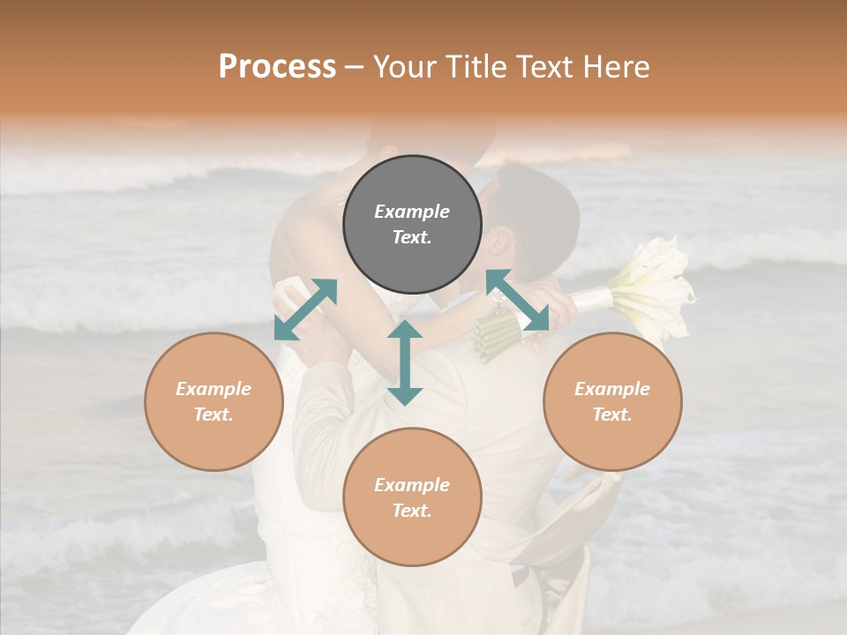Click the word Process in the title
point(277,67)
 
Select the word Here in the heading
point(616,67)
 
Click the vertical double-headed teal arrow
point(405,362)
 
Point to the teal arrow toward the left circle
point(305,310)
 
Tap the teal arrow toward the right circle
point(518,300)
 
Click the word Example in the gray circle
point(412,212)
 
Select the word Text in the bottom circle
point(412,511)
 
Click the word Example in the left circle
point(214,389)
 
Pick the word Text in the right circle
point(612,415)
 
